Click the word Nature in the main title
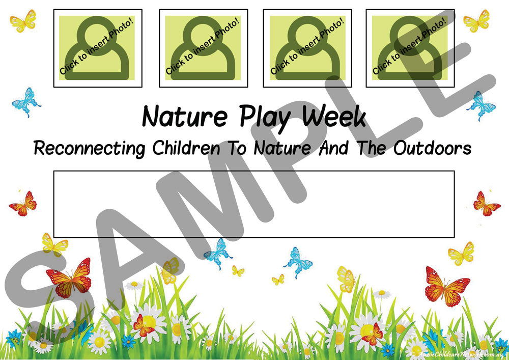(x=184, y=117)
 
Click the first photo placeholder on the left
(x=98, y=48)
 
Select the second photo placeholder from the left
(x=203, y=48)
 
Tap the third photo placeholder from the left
(x=307, y=48)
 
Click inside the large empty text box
(x=253, y=204)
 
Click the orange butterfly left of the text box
(x=23, y=203)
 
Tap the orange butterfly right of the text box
(x=486, y=203)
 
